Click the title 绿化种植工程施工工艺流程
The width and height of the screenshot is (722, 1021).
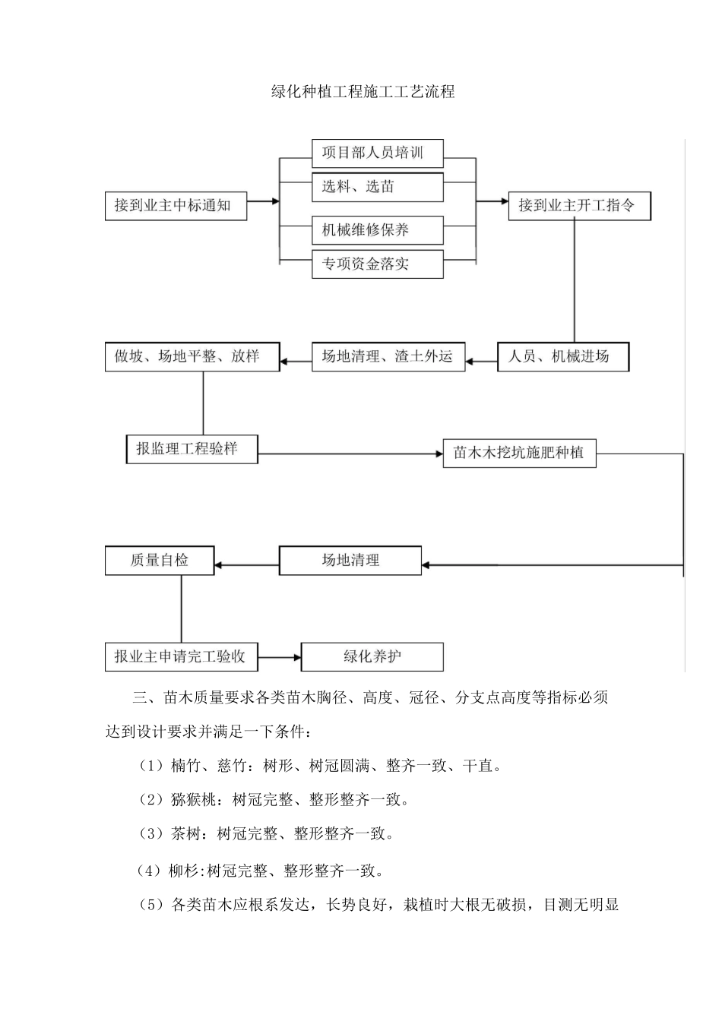click(363, 93)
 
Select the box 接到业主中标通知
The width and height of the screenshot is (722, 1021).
click(176, 205)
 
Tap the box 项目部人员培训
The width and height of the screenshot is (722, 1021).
click(377, 153)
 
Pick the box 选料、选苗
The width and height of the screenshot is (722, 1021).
click(377, 187)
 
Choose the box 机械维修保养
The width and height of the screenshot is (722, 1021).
click(377, 229)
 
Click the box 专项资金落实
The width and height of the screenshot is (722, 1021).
click(377, 264)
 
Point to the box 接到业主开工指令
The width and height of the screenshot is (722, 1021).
click(579, 205)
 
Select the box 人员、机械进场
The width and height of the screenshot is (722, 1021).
click(563, 356)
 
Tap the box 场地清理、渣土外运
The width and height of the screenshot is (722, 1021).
click(388, 356)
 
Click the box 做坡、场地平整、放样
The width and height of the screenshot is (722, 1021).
click(192, 356)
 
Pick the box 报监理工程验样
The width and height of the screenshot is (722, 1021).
click(192, 449)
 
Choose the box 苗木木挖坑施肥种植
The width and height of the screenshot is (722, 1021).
click(519, 454)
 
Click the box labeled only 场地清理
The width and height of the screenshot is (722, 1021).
click(350, 561)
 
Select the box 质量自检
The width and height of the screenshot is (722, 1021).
click(160, 561)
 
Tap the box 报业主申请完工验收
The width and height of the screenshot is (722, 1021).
click(181, 656)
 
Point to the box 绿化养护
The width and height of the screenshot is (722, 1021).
click(372, 656)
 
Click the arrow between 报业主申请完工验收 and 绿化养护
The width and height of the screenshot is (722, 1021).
click(279, 656)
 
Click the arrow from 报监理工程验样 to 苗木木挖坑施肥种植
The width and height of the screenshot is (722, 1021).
click(350, 454)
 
